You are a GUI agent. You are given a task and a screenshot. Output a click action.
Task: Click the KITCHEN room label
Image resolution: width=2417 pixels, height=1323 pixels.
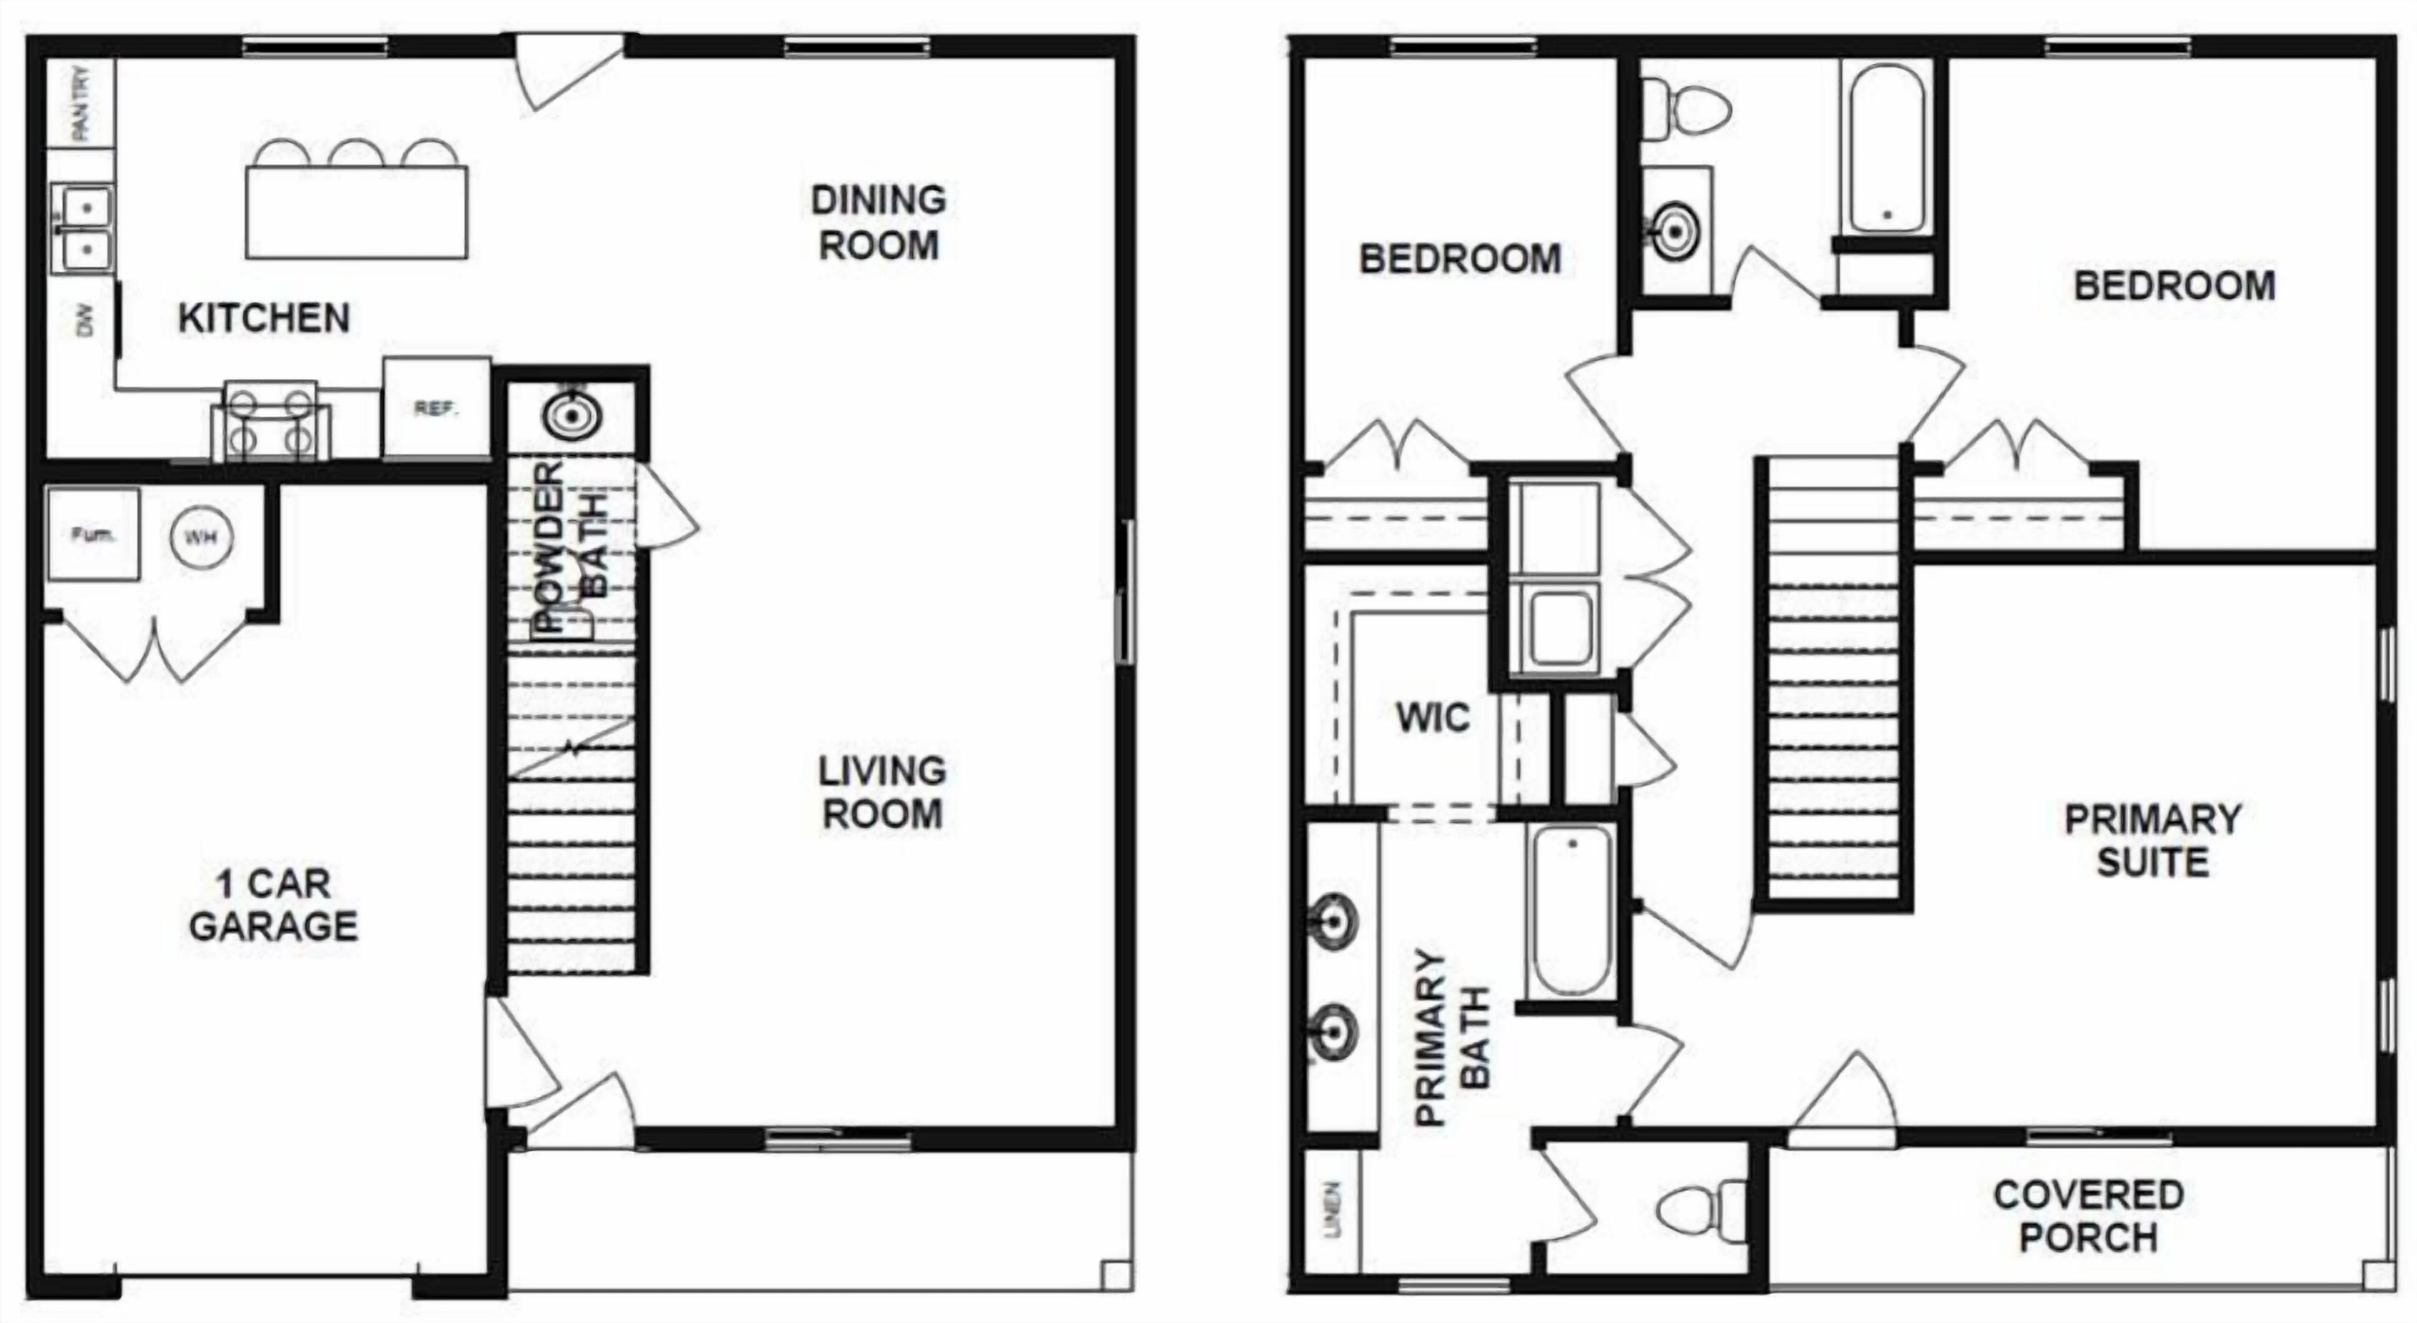(263, 319)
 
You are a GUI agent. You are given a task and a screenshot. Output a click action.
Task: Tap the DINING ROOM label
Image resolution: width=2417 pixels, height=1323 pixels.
(878, 222)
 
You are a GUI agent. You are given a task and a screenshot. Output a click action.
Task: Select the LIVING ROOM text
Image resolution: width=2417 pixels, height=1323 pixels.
(881, 793)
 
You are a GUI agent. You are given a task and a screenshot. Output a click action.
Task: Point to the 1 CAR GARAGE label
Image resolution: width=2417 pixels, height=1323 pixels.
(273, 904)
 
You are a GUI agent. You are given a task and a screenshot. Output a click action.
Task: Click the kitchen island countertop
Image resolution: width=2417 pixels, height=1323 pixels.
(356, 212)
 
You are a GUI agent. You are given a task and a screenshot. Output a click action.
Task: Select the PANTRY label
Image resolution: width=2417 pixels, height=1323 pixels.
(82, 102)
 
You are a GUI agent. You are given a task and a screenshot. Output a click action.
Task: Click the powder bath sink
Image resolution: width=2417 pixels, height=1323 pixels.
(569, 415)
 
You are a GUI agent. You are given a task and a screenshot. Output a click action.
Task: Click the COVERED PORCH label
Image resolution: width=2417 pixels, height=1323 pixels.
(2089, 1216)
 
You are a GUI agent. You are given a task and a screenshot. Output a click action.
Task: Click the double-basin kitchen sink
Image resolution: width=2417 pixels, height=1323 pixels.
(84, 228)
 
